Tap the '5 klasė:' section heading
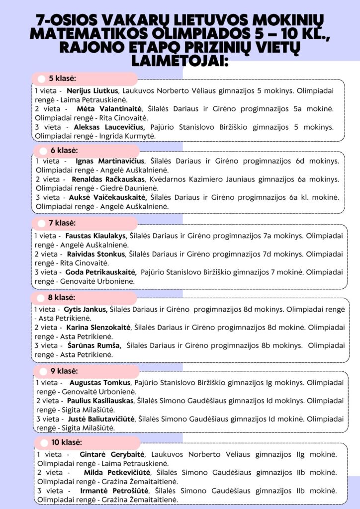(x=62, y=79)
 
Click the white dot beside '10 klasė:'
(x=44, y=442)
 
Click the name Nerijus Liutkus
(x=92, y=91)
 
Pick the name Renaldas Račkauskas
(x=108, y=179)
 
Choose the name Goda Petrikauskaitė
(x=100, y=272)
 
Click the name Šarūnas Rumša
(x=94, y=345)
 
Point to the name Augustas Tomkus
(x=99, y=383)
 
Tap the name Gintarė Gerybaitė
(x=112, y=454)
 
